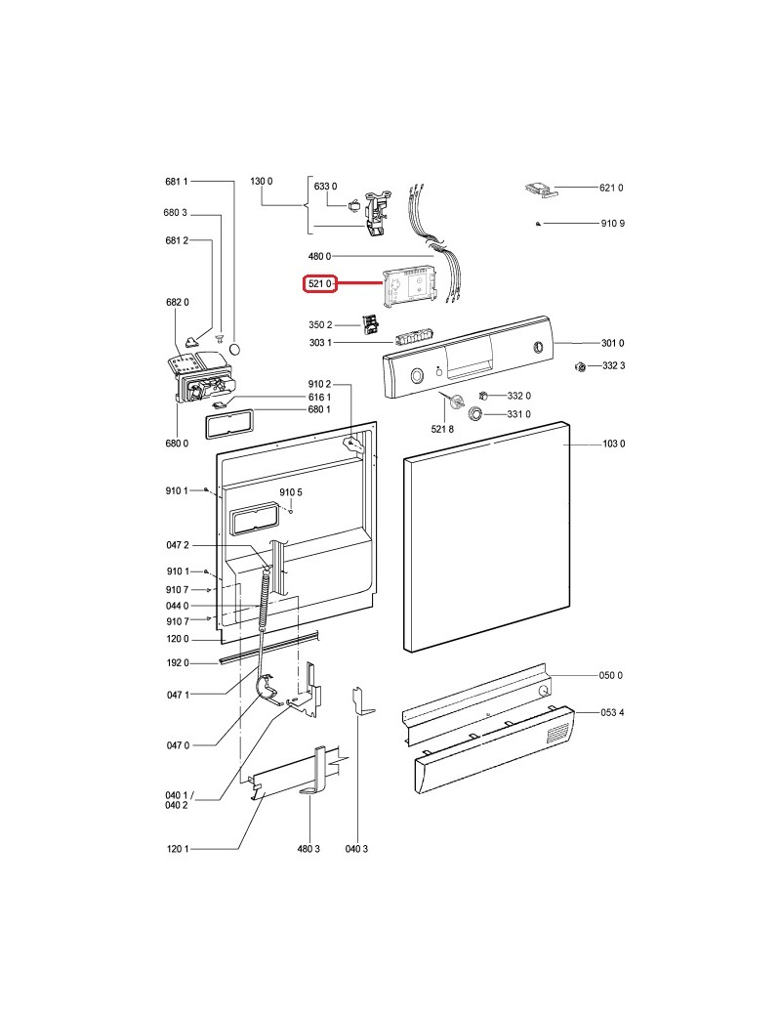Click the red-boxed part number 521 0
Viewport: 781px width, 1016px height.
pos(317,283)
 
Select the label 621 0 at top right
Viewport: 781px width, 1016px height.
pos(610,188)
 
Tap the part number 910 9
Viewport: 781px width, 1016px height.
pos(612,224)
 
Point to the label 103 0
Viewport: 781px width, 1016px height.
pos(613,444)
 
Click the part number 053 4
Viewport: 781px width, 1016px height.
pos(613,712)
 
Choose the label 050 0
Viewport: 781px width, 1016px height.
pos(611,676)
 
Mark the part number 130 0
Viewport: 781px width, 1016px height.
pos(262,182)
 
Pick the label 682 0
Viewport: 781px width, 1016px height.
pos(177,303)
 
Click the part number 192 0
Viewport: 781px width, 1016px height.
pos(177,663)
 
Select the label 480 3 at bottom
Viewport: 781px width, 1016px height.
pos(308,849)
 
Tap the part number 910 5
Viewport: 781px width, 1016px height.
pos(291,492)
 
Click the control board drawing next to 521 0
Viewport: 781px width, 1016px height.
pos(414,286)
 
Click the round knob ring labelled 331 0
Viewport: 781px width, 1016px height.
pos(475,415)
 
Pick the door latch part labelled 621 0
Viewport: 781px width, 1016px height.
pos(539,190)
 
